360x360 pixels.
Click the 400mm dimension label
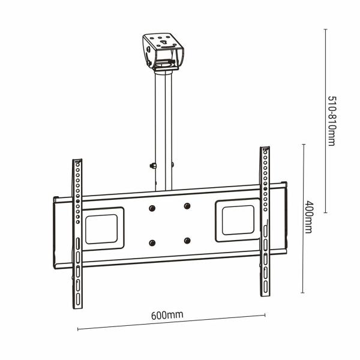(x=310, y=217)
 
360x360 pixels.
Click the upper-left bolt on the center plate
(x=152, y=208)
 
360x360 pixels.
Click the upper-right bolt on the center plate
(x=187, y=206)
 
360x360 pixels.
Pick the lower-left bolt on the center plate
(x=152, y=243)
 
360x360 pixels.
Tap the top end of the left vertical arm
(x=77, y=162)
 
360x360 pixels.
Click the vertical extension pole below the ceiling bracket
(x=164, y=120)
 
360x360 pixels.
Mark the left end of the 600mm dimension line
(x=78, y=328)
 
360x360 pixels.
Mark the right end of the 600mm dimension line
(x=265, y=314)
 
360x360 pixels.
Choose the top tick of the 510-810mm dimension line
(x=325, y=29)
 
